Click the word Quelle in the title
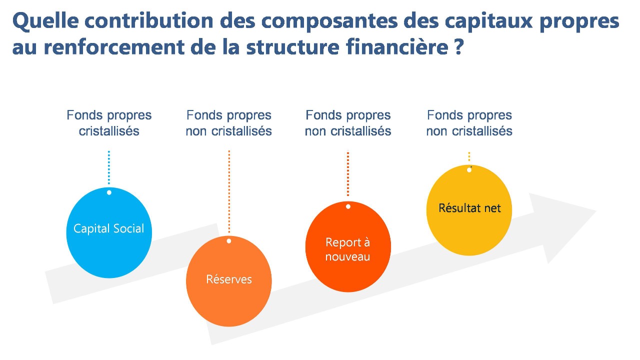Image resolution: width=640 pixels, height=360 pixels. pos(43,21)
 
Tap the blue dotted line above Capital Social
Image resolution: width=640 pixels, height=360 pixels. pos(109,167)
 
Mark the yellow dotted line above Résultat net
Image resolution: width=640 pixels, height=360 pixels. pos(469,156)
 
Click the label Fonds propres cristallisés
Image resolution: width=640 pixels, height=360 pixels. pos(109,123)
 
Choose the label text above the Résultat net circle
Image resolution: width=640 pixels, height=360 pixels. pos(469,123)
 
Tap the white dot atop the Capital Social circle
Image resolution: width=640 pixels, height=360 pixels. pos(109,192)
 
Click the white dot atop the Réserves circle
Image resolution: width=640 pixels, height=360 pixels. pos(229,241)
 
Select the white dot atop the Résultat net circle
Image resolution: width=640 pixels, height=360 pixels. pos(469,170)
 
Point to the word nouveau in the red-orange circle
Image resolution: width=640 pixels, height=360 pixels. pos(347,257)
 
